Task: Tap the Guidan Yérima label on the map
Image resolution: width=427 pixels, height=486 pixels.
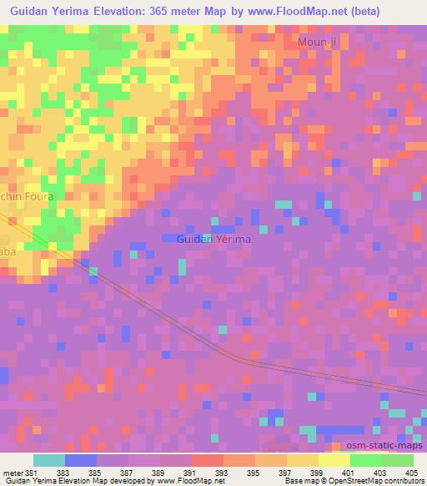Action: coord(213,239)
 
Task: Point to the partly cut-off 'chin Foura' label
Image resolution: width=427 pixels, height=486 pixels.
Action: coord(27,196)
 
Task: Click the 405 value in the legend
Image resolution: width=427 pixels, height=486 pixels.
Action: coord(413,472)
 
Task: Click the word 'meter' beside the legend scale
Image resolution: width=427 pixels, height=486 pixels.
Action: coord(12,472)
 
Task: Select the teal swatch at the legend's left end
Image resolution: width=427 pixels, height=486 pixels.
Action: coord(48,460)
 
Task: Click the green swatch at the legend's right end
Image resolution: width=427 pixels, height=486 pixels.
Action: coord(398,460)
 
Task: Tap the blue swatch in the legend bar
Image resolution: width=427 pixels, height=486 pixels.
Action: coord(80,460)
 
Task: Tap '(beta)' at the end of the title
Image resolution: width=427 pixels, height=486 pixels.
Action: coord(364,12)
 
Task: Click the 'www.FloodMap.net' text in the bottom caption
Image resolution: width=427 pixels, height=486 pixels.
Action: coord(178,481)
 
